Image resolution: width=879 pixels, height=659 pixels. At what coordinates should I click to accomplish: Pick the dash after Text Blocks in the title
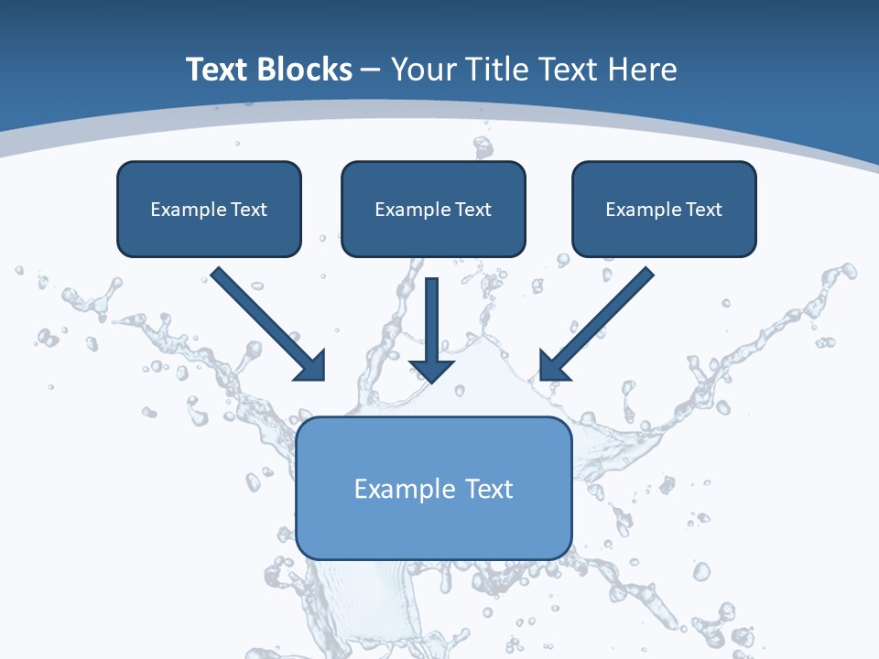point(371,70)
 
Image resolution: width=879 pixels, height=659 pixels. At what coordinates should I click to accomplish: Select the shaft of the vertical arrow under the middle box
point(432,316)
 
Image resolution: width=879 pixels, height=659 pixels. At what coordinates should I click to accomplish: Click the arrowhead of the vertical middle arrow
point(432,370)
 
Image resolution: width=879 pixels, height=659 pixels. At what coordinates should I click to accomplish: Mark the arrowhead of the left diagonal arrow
point(313,367)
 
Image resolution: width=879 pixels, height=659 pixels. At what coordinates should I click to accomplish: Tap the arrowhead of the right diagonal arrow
point(552,366)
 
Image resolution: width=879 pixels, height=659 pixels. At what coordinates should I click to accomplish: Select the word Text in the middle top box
point(473,210)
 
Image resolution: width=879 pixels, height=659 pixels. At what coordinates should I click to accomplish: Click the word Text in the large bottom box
point(490,489)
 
